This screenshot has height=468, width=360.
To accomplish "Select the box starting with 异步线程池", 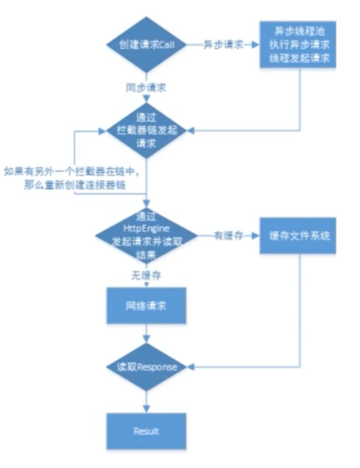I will pyautogui.click(x=298, y=45).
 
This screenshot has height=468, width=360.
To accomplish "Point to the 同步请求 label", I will pyautogui.click(x=147, y=87).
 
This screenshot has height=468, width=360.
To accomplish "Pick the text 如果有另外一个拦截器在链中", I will pyautogui.click(x=71, y=172).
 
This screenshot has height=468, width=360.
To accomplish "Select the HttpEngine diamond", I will pyautogui.click(x=147, y=236).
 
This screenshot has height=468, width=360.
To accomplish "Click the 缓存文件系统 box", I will pyautogui.click(x=298, y=236).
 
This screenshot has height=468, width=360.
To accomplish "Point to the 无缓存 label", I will pyautogui.click(x=147, y=275).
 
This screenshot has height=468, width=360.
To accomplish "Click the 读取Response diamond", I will pyautogui.click(x=147, y=367).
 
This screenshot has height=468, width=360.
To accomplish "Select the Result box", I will pyautogui.click(x=147, y=431).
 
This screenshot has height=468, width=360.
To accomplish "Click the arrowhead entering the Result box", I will pyautogui.click(x=147, y=409).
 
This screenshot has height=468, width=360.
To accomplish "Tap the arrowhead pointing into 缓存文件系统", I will pyautogui.click(x=255, y=236).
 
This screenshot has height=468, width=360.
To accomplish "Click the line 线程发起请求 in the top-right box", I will pyautogui.click(x=298, y=57).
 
